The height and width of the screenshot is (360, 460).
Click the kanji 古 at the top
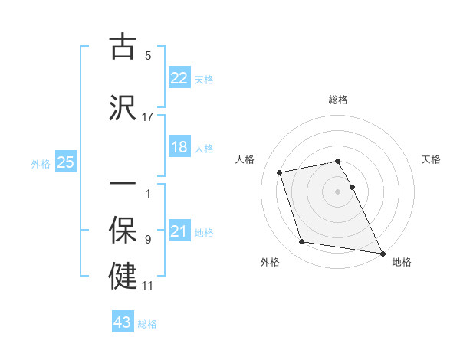point(123,47)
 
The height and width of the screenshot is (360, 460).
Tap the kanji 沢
point(123,107)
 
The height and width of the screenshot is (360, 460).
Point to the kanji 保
point(123,231)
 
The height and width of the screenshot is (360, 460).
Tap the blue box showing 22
point(179,78)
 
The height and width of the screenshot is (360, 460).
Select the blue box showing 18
point(179,147)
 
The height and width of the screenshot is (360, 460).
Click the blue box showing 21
point(179,231)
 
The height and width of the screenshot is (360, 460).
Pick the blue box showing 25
point(65,162)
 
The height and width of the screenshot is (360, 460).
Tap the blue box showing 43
point(123,322)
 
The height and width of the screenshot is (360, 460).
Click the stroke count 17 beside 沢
point(148,116)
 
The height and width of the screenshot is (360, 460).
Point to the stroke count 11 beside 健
point(148,285)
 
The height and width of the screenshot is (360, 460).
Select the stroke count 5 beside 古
point(148,56)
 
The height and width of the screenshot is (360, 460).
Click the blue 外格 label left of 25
point(41,163)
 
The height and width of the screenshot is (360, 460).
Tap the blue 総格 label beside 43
point(147,323)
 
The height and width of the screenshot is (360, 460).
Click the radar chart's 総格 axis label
point(338,100)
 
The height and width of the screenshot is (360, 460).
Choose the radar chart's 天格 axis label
point(432,159)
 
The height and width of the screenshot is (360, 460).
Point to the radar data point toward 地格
point(382,252)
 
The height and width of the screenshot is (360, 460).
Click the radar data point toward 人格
point(280,172)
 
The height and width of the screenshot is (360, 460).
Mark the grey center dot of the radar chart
point(338,191)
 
